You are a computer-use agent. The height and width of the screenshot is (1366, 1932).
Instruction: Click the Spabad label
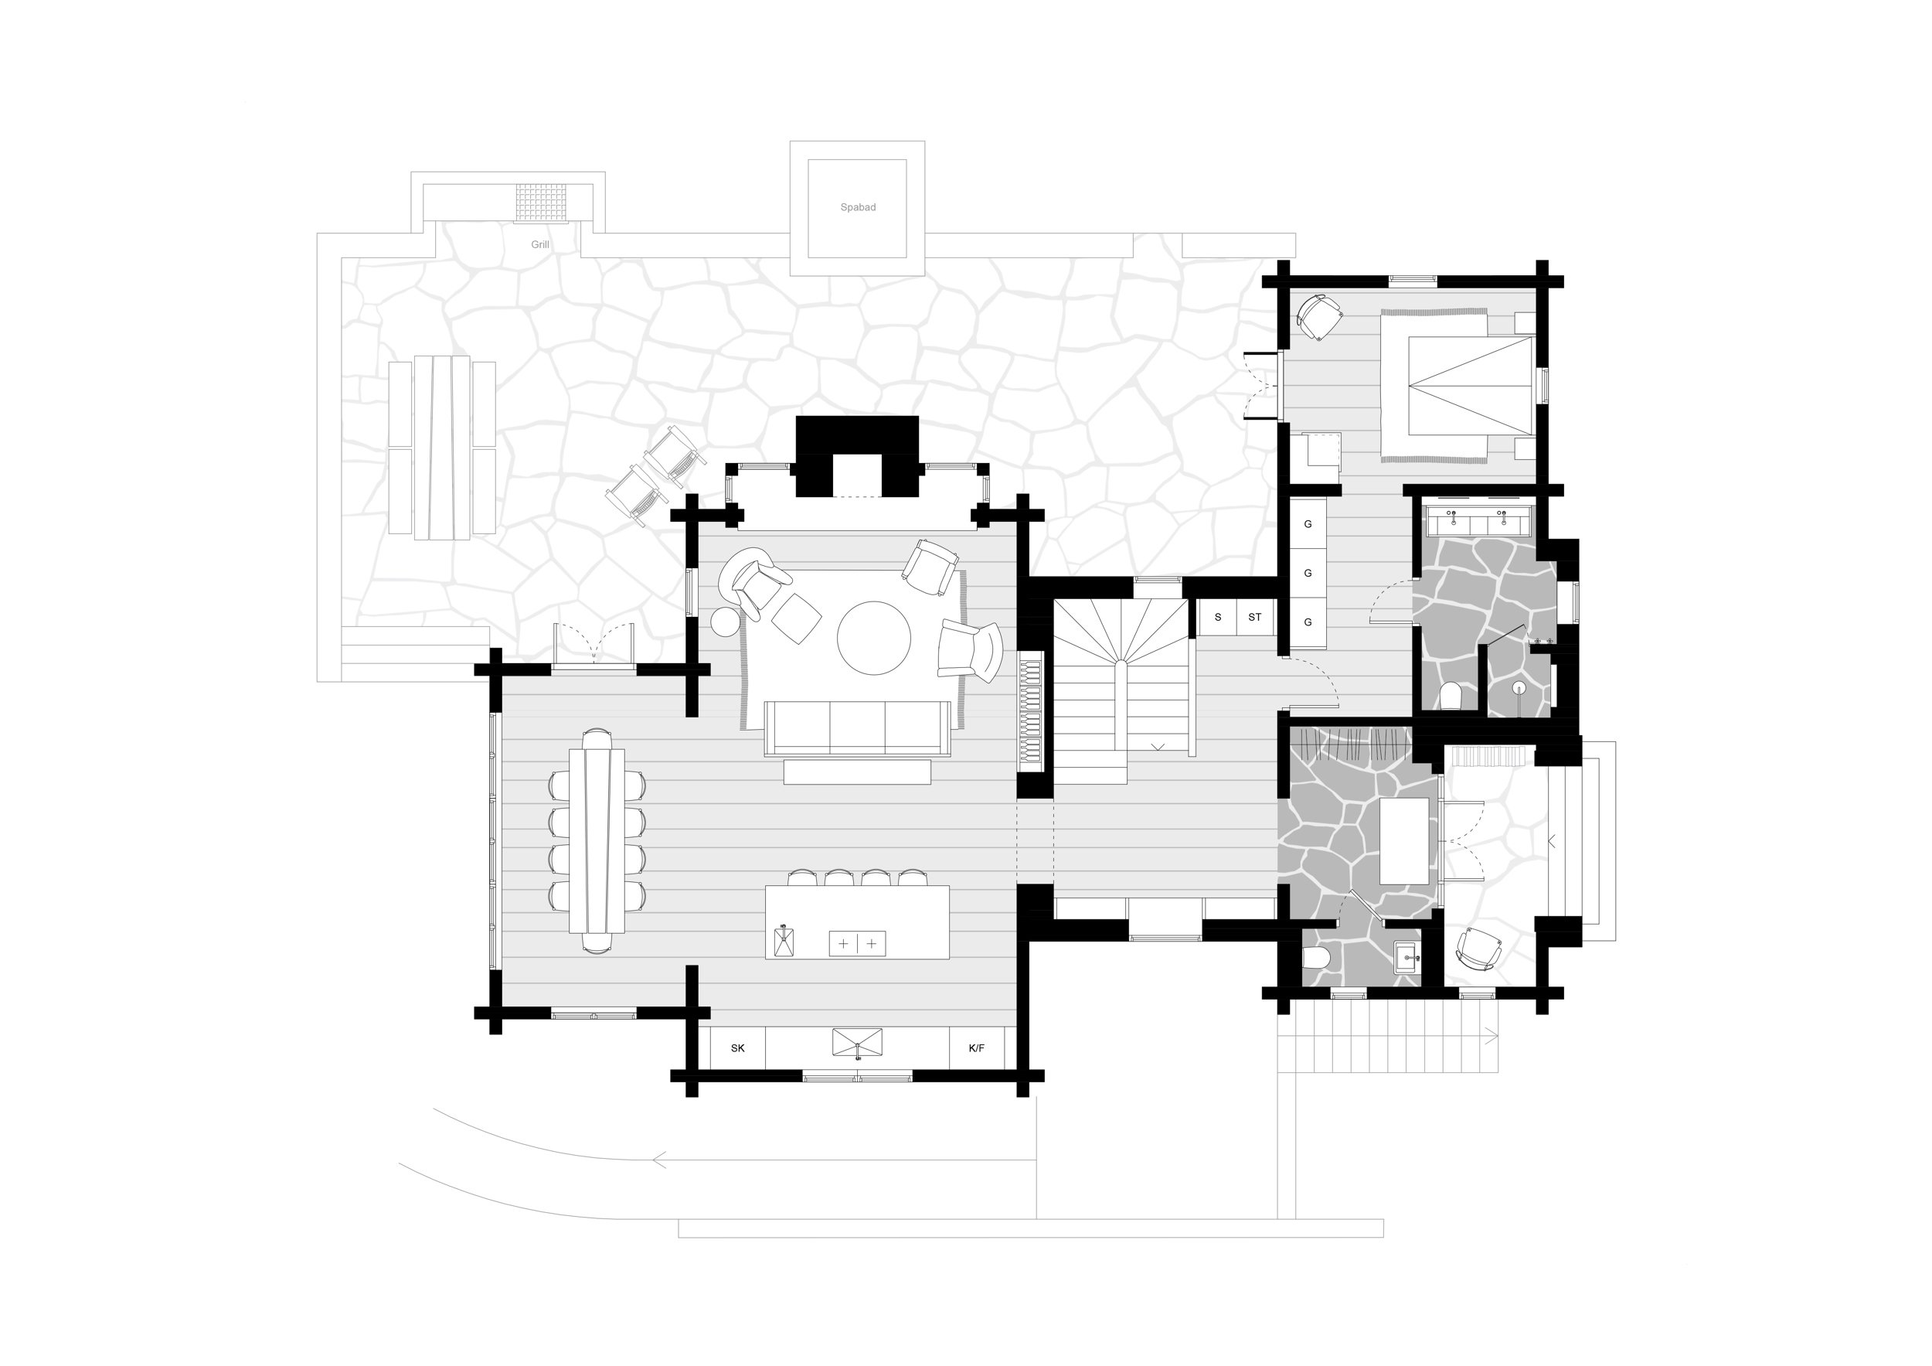pyautogui.click(x=858, y=207)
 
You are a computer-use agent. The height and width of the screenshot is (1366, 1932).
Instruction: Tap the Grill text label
pyautogui.click(x=539, y=245)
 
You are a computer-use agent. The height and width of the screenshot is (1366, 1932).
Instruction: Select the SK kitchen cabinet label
pyautogui.click(x=737, y=1047)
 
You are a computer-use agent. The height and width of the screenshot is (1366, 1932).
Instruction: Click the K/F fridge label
pyautogui.click(x=975, y=1047)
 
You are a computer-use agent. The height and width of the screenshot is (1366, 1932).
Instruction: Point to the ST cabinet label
pyautogui.click(x=1253, y=617)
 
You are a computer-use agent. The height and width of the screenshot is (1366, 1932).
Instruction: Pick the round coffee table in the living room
pyautogui.click(x=873, y=637)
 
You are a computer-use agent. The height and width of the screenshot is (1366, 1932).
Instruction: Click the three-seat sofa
pyautogui.click(x=856, y=728)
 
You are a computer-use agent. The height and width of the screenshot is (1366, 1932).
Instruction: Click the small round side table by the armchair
pyautogui.click(x=725, y=622)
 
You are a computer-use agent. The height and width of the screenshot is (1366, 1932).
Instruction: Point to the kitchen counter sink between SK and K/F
pyautogui.click(x=856, y=1042)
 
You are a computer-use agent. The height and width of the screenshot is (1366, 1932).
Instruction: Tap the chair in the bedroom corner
pyautogui.click(x=1318, y=315)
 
